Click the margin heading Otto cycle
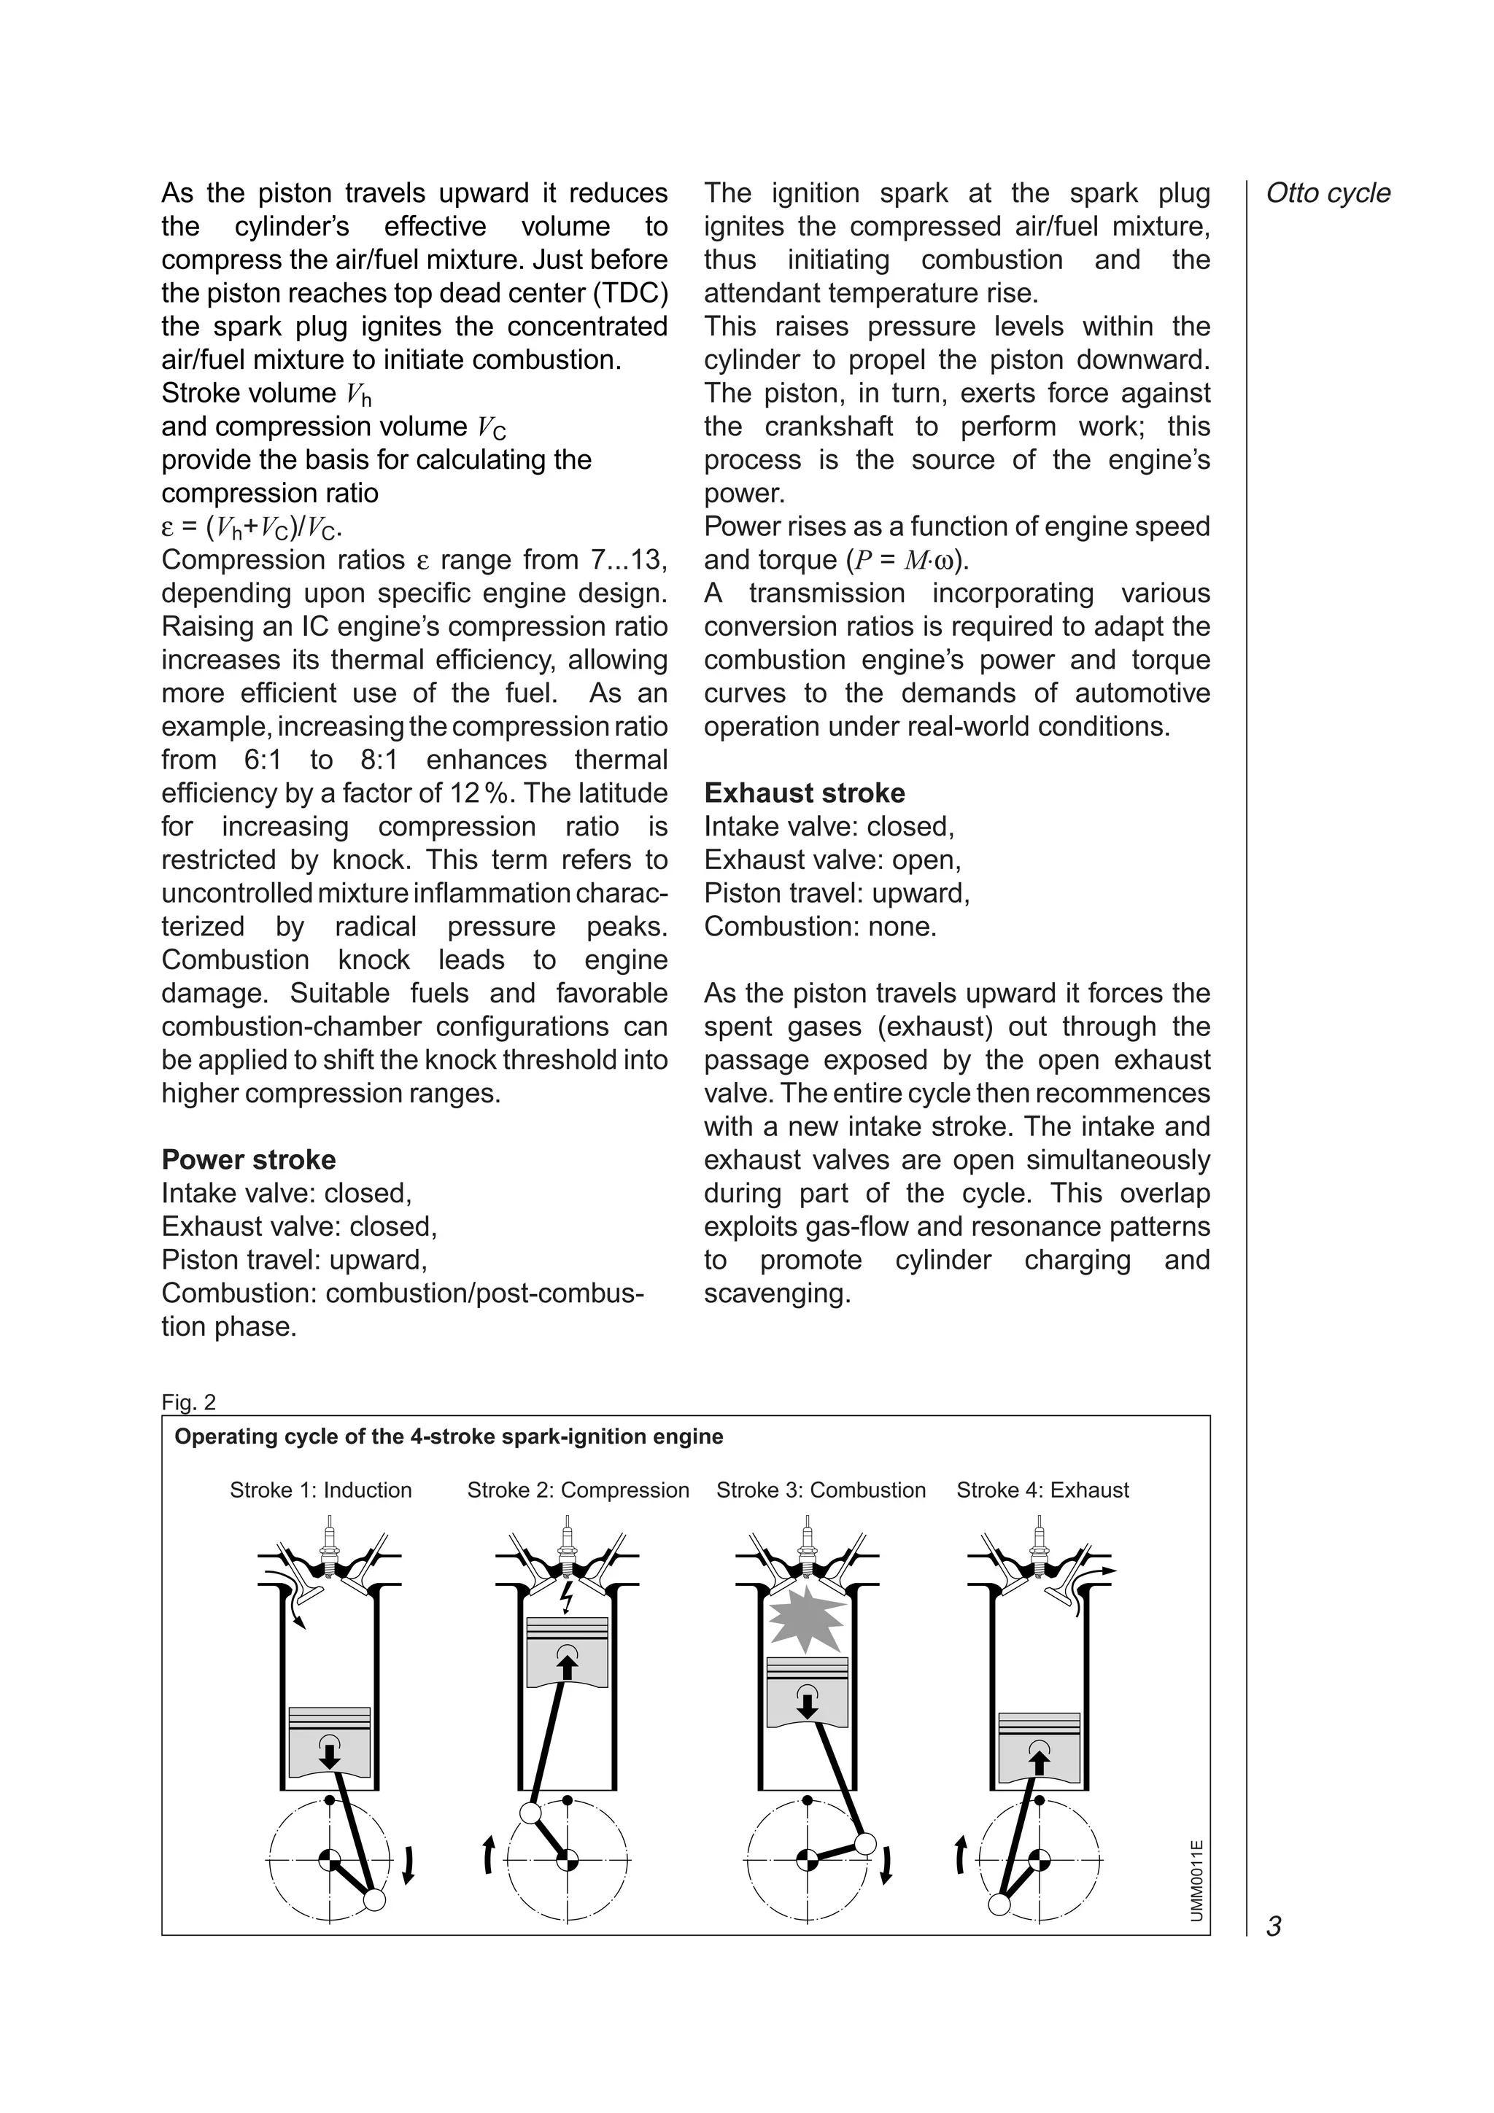[x=1328, y=193]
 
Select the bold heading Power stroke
[x=249, y=1159]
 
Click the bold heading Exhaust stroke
[x=804, y=793]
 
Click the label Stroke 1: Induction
[x=320, y=1490]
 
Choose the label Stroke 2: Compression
[x=577, y=1490]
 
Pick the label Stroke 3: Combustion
[x=821, y=1490]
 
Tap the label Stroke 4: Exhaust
[x=1042, y=1490]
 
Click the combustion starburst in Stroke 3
[x=806, y=1618]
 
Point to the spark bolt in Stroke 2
[x=567, y=1597]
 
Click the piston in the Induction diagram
[x=330, y=1741]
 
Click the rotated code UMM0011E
[x=1196, y=1879]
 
